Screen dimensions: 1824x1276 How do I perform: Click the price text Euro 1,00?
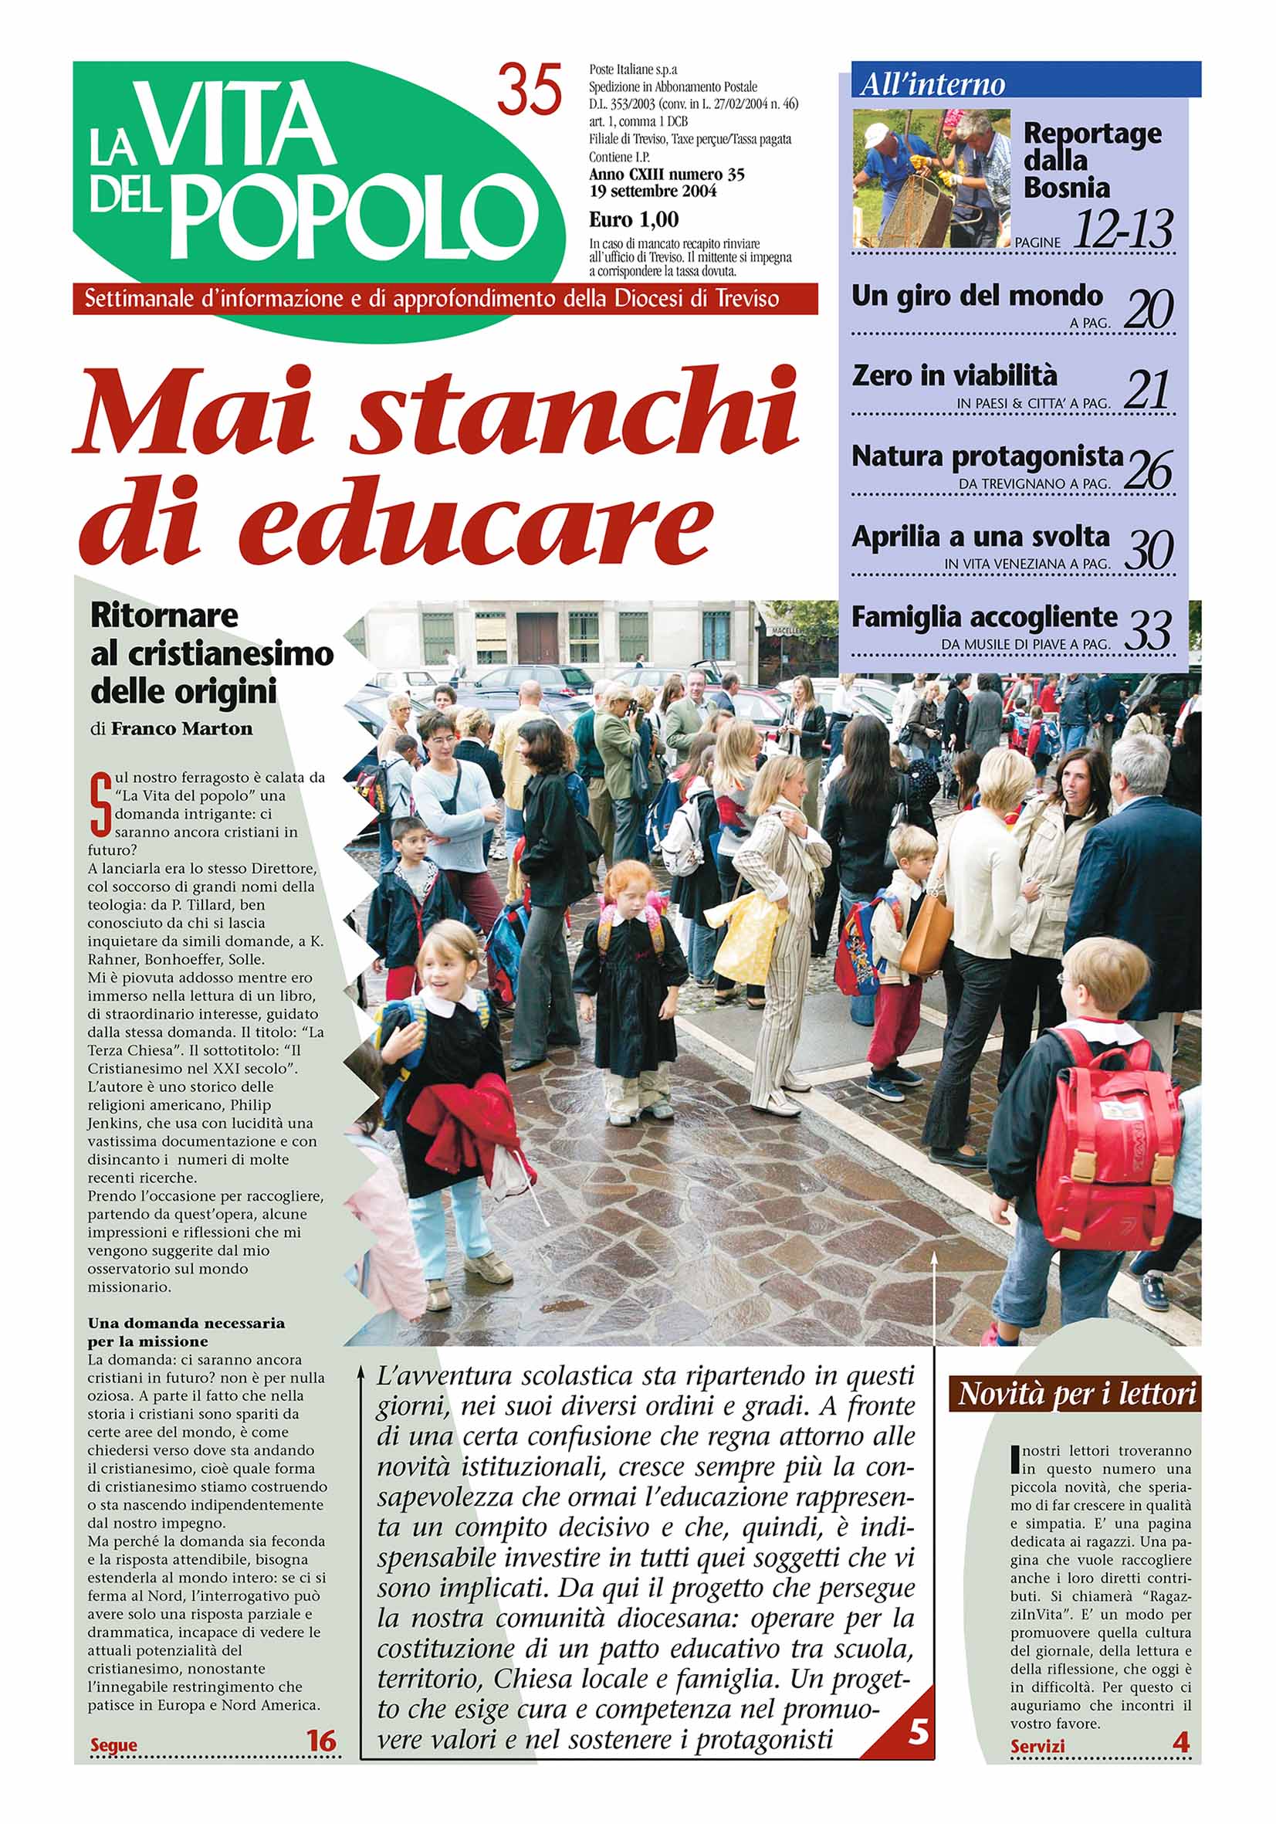[634, 219]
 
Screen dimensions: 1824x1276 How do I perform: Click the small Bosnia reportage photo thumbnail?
[931, 178]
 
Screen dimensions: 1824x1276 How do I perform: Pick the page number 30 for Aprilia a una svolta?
[1149, 550]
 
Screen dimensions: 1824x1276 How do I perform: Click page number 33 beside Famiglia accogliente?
[1149, 631]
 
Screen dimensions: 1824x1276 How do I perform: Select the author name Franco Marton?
[182, 728]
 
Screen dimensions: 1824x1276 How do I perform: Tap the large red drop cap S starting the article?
[100, 803]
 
